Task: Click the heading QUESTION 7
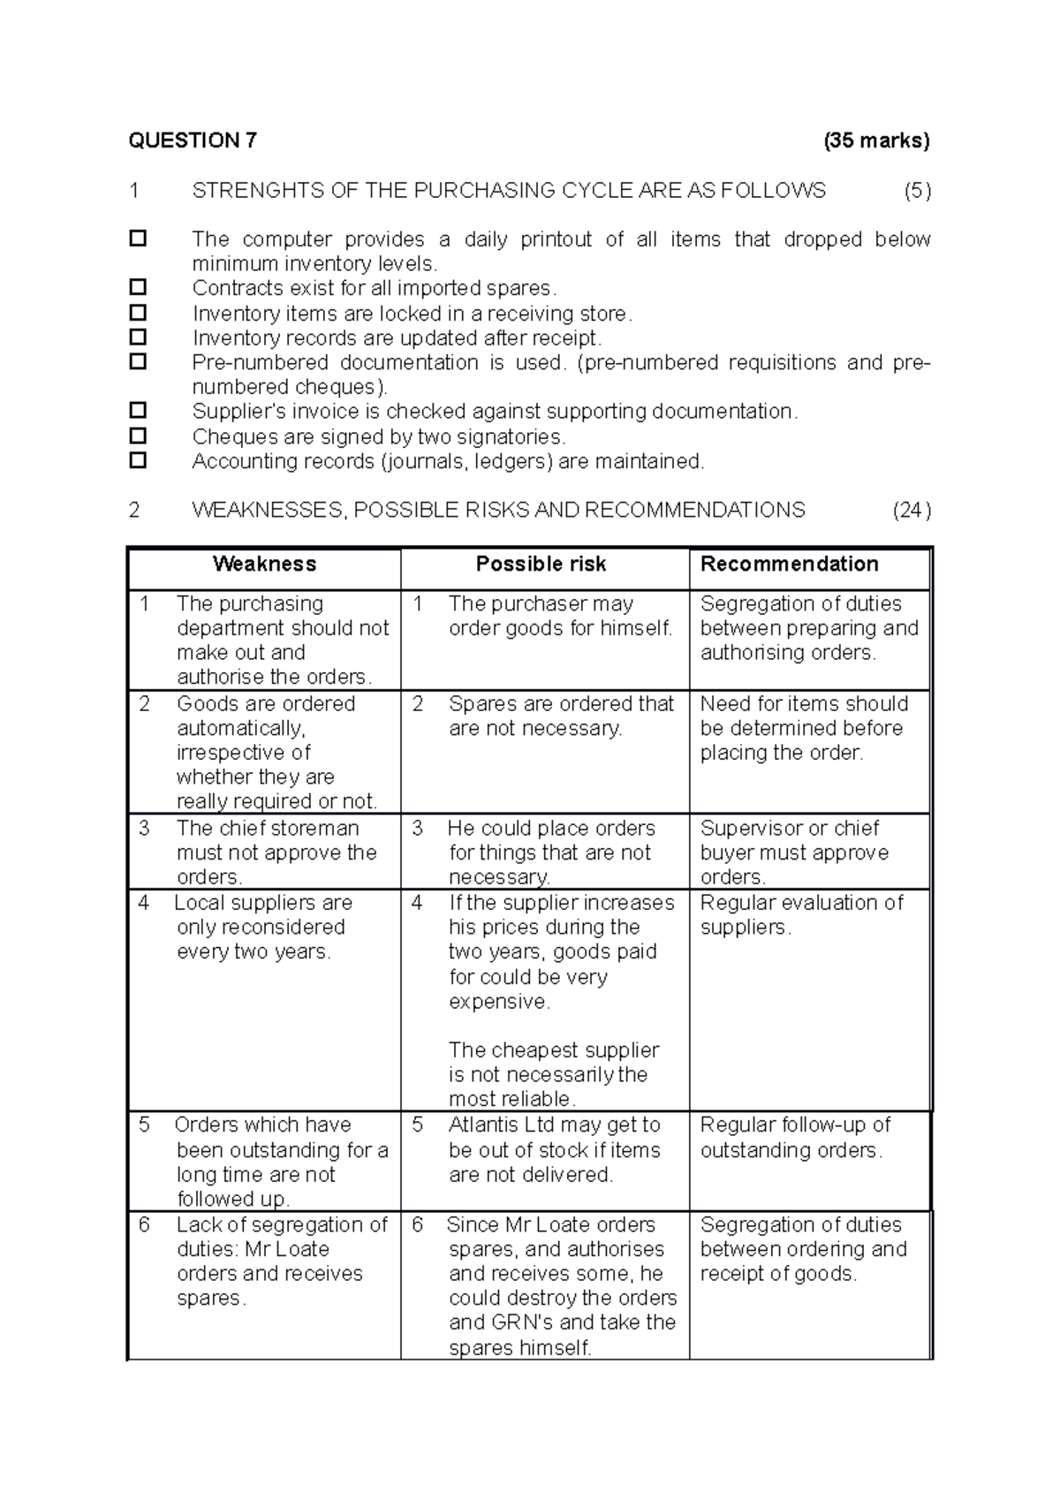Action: click(x=193, y=140)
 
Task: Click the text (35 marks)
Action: click(x=876, y=140)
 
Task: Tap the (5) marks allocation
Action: click(x=917, y=191)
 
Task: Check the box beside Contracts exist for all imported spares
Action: click(x=138, y=287)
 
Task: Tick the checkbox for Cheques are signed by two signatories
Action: click(x=138, y=436)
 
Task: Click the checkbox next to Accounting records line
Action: click(x=138, y=460)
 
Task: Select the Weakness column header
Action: click(x=264, y=564)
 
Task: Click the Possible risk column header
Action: click(x=541, y=564)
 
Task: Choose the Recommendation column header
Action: click(x=789, y=564)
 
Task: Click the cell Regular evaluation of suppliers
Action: click(x=801, y=915)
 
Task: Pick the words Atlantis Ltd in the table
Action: click(x=501, y=1125)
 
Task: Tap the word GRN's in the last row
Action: click(x=520, y=1323)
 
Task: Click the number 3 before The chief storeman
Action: click(x=145, y=829)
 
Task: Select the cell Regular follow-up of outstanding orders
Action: click(x=795, y=1138)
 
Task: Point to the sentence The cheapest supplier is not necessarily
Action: click(x=553, y=1063)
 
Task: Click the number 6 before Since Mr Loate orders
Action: click(x=418, y=1225)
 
